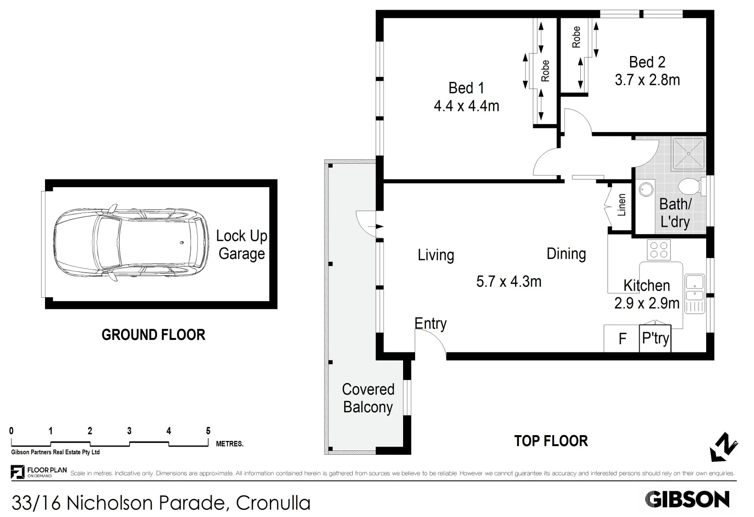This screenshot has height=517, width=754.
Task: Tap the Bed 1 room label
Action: [x=466, y=88]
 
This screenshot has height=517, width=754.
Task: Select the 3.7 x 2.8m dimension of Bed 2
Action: [x=647, y=80]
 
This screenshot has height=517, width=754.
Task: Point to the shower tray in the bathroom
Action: [x=688, y=154]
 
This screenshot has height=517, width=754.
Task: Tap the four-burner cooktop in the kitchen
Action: [x=659, y=249]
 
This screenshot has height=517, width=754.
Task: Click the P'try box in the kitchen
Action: [x=655, y=338]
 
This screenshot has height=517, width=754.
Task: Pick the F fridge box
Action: [x=622, y=339]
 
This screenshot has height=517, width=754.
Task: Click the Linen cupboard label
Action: [x=621, y=205]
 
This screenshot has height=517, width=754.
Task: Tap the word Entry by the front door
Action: [x=430, y=324]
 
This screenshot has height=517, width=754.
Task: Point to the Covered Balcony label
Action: [x=368, y=398]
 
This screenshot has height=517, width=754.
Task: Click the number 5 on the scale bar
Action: [x=208, y=431]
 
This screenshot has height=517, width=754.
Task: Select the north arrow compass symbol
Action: [x=723, y=447]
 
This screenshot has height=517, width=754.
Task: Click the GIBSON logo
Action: [x=687, y=500]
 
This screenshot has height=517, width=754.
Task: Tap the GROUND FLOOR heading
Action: [x=153, y=335]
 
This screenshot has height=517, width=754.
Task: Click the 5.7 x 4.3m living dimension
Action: [x=508, y=281]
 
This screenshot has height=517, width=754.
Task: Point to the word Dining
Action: [x=566, y=254]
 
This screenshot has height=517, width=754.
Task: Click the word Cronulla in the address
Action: [x=273, y=503]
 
